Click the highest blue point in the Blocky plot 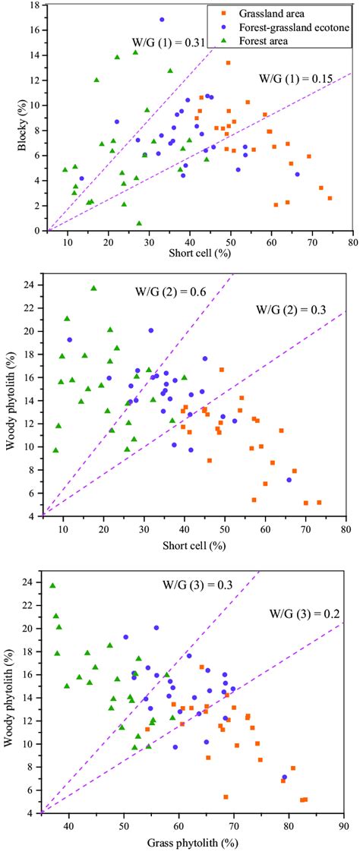pos(162,20)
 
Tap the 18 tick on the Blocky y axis pos(39,6)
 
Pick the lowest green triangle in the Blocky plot pos(139,223)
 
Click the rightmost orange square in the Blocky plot pos(330,198)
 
